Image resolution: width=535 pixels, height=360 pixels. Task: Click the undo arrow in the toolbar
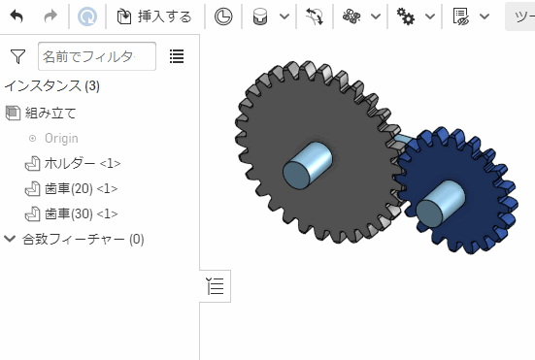pos(17,16)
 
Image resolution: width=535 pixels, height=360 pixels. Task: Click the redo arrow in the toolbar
pos(50,16)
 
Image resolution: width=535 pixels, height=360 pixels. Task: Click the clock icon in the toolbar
pos(223,16)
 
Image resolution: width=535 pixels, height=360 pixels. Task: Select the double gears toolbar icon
pos(405,16)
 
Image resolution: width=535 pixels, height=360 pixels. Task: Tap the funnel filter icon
pos(17,56)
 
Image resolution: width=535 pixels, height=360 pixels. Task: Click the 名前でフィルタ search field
pos(97,56)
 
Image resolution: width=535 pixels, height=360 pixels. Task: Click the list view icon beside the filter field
pos(177,56)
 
